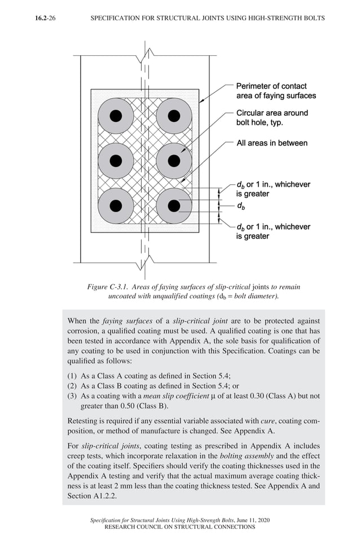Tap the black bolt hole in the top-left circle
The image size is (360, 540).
tap(116, 116)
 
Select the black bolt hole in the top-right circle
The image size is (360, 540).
tap(174, 116)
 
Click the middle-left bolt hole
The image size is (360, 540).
tap(116, 161)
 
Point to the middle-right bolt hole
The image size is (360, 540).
tap(174, 161)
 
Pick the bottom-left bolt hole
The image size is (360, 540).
tap(116, 205)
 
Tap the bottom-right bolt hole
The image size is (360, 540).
tap(174, 205)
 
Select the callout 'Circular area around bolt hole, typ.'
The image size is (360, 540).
tap(271, 117)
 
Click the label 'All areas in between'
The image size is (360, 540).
tap(271, 143)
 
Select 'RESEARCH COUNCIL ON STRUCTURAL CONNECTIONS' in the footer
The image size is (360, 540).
tap(180, 527)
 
